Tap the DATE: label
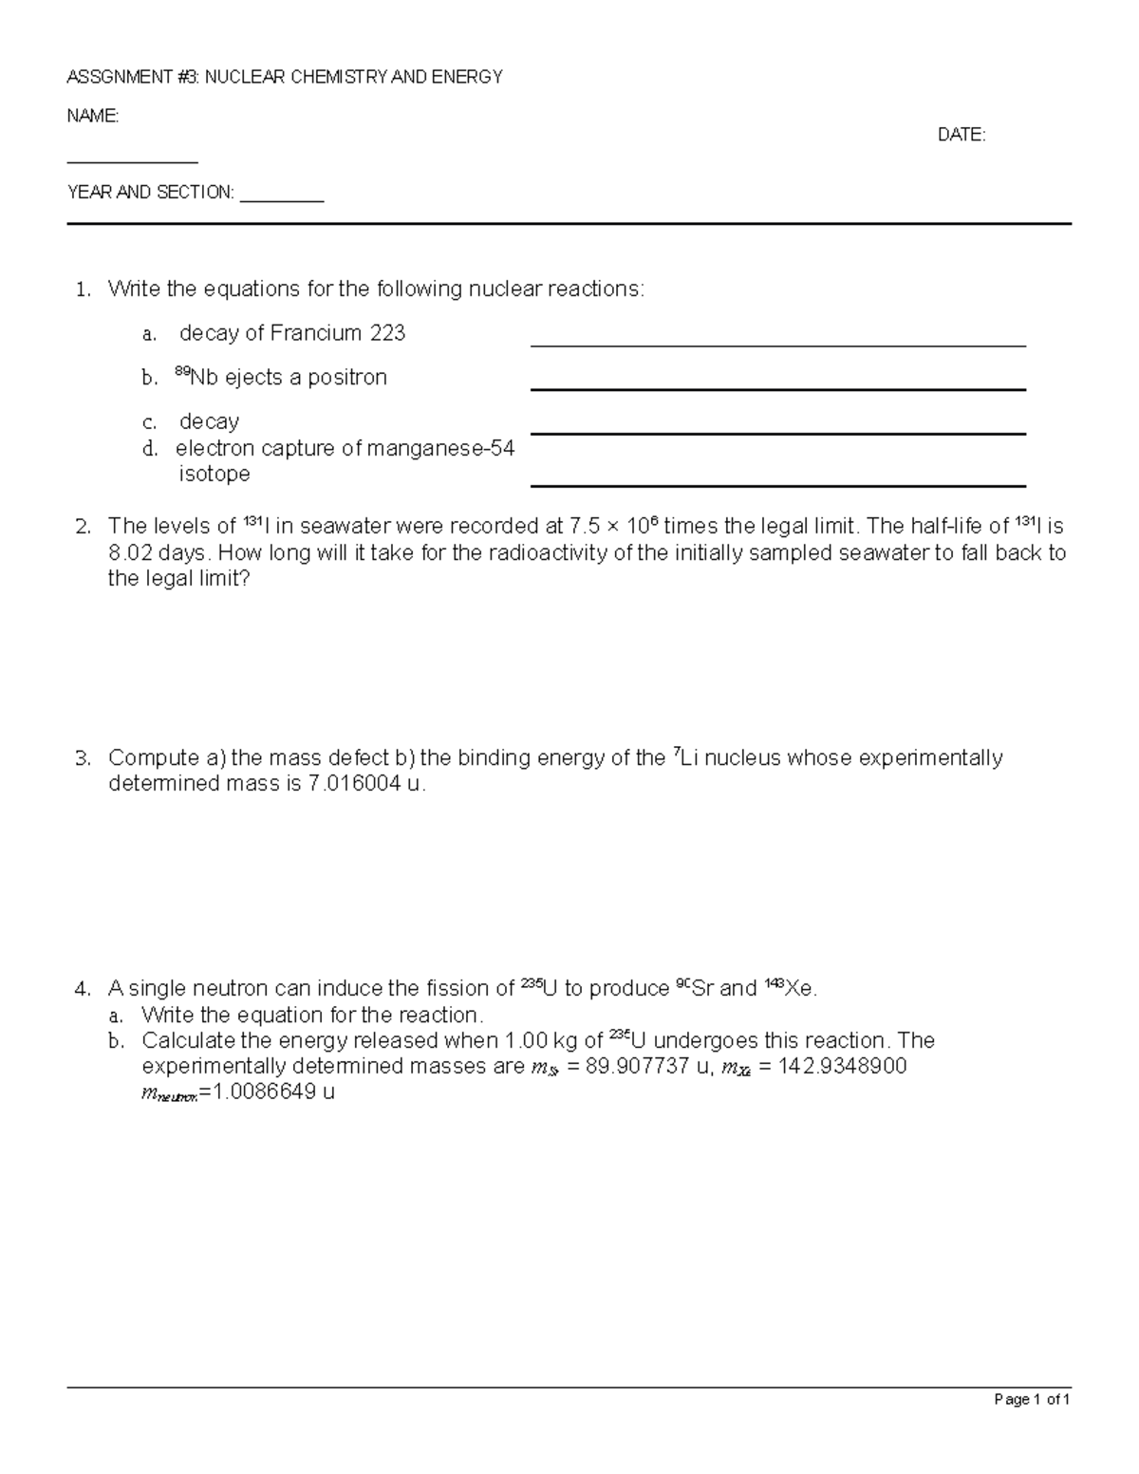pyautogui.click(x=962, y=135)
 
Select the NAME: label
pyautogui.click(x=92, y=116)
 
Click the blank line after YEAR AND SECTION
pyautogui.click(x=282, y=200)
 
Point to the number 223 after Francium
pyautogui.click(x=386, y=333)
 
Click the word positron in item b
pyautogui.click(x=350, y=378)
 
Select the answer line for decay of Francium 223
pyautogui.click(x=777, y=345)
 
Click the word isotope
pyautogui.click(x=215, y=474)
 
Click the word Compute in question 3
pyautogui.click(x=152, y=758)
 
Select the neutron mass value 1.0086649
pyautogui.click(x=265, y=1092)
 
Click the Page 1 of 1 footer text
pyautogui.click(x=1032, y=1399)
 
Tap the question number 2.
pyautogui.click(x=83, y=527)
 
